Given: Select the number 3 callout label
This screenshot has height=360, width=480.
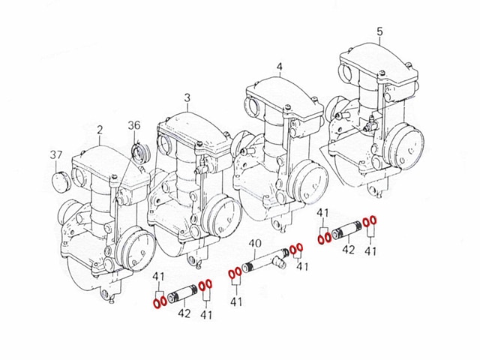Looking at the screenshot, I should click(187, 97).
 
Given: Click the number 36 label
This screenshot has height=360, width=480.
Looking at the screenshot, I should click(134, 125).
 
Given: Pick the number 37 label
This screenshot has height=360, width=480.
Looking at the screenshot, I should click(55, 155).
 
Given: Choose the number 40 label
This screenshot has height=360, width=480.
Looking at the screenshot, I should click(254, 243).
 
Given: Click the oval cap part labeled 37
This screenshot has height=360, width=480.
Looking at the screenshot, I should click(60, 181).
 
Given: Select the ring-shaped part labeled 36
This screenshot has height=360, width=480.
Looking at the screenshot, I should click(139, 154).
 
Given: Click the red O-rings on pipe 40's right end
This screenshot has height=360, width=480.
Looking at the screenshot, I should click(296, 249).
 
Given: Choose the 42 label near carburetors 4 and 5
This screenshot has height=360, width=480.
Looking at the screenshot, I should click(347, 250).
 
